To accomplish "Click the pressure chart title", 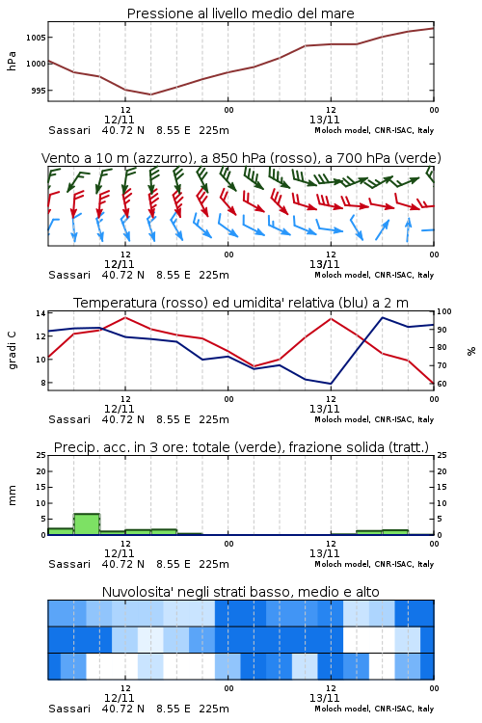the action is point(240,13).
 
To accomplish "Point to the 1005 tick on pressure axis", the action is point(36,38).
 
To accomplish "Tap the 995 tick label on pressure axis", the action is point(39,91).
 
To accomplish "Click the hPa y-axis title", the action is point(12,61).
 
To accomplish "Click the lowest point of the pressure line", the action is point(150,94).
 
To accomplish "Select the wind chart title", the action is point(241,158).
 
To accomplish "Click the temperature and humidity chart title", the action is point(241,303).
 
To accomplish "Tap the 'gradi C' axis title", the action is point(12,351).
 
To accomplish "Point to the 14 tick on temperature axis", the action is point(40,313).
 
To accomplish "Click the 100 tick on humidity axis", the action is point(443,311).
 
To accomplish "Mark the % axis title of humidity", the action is point(471,351).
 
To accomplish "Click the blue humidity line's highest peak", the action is point(383,317).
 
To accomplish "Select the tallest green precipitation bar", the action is point(87,524).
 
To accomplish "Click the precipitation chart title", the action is point(241,447).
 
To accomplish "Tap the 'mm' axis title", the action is point(12,495).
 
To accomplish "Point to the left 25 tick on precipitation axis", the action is point(40,455).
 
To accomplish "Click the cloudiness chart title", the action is point(240,592).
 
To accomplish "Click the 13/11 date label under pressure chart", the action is point(324,120).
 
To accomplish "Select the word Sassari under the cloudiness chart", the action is point(69,709).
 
